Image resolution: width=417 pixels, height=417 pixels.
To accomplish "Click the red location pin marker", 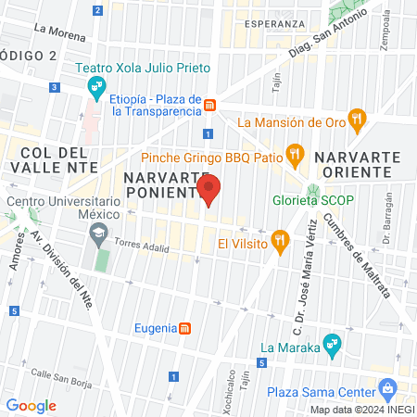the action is pyautogui.click(x=209, y=189).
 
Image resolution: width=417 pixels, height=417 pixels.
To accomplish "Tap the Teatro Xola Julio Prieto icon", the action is pyautogui.click(x=95, y=88).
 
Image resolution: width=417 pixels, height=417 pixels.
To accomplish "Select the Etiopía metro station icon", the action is pyautogui.click(x=211, y=105).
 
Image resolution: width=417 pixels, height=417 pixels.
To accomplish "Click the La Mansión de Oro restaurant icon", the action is pyautogui.click(x=359, y=120).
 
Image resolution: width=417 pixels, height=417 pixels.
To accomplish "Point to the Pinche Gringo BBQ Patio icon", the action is pyautogui.click(x=295, y=153).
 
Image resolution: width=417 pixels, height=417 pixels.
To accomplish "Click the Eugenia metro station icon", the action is pyautogui.click(x=185, y=328).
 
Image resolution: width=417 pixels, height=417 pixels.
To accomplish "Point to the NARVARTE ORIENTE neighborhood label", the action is pyautogui.click(x=357, y=166).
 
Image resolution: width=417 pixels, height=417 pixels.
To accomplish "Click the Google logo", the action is pyautogui.click(x=31, y=405).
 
